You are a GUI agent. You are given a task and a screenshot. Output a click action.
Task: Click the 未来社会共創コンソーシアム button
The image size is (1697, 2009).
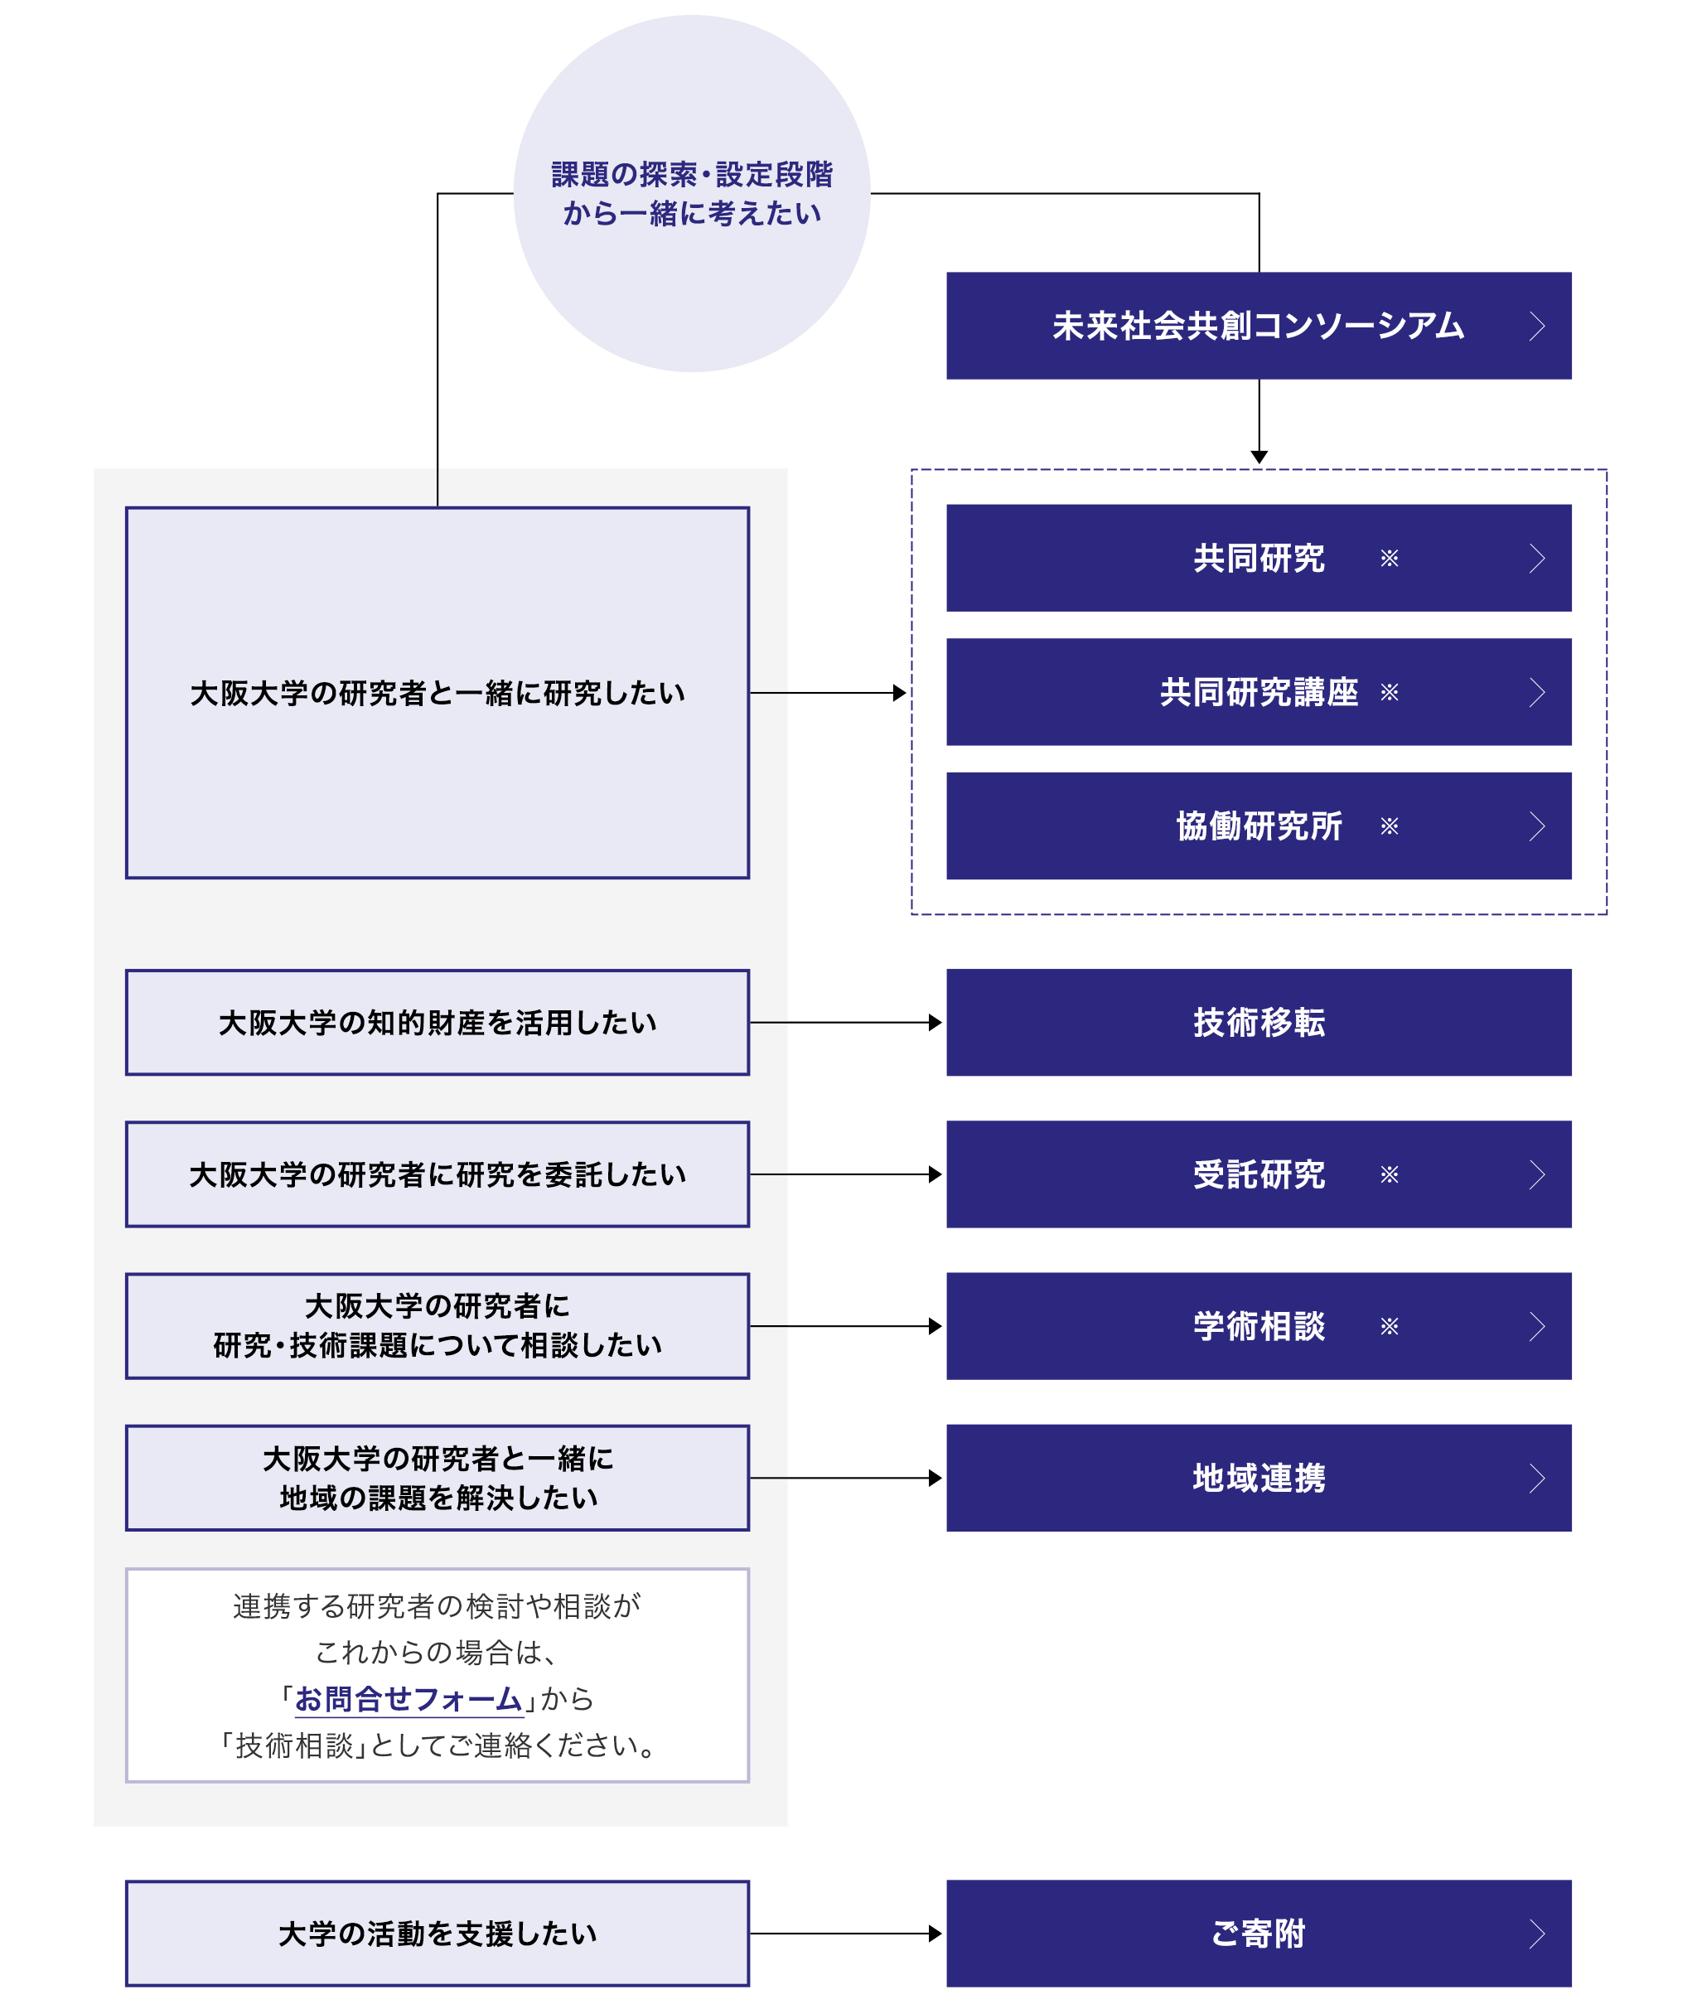(x=1259, y=327)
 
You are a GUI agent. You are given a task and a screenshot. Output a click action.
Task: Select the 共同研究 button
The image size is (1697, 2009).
(x=1259, y=558)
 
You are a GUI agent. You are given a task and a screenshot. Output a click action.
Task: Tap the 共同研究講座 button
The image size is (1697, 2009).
(x=1259, y=692)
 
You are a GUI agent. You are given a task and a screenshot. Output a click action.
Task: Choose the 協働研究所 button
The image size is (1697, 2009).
(x=1259, y=825)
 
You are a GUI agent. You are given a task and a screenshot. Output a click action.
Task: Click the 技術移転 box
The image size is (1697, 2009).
(x=1259, y=1022)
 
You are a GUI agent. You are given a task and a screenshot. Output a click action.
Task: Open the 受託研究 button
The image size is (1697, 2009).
(x=1259, y=1174)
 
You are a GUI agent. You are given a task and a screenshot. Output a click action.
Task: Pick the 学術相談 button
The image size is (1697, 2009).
(x=1259, y=1326)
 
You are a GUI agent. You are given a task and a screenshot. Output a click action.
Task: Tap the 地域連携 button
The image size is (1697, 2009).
(x=1259, y=1478)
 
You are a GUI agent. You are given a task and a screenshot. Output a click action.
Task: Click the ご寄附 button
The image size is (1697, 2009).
(x=1259, y=1933)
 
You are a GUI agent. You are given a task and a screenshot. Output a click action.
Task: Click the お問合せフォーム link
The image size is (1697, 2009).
(x=409, y=1699)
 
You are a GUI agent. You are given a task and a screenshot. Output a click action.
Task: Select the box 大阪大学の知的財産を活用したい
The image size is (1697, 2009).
(x=438, y=1022)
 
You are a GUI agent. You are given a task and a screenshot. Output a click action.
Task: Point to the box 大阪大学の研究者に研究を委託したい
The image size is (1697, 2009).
(x=438, y=1174)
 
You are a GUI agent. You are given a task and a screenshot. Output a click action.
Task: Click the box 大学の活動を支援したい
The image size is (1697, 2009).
(x=438, y=1933)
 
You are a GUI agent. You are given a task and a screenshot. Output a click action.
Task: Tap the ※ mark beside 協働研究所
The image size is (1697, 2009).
(x=1389, y=825)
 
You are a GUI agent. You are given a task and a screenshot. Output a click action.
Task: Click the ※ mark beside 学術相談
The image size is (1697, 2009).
(x=1389, y=1326)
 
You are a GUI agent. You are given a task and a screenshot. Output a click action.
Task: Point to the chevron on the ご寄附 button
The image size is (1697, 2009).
(x=1537, y=1933)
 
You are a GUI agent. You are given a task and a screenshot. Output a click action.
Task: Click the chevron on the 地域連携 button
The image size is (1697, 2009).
(x=1537, y=1478)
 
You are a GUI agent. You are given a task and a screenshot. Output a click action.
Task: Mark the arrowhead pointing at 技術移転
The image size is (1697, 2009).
(x=935, y=1022)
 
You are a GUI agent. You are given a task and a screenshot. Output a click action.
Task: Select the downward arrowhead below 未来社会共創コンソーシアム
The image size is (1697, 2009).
(x=1259, y=457)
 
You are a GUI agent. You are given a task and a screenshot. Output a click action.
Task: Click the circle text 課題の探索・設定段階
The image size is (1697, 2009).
(x=692, y=174)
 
